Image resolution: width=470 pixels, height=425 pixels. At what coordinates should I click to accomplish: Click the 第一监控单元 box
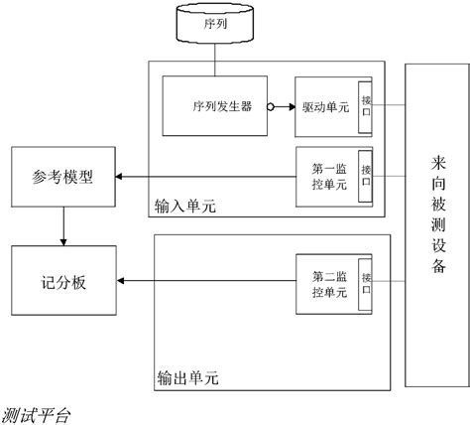pos(327,177)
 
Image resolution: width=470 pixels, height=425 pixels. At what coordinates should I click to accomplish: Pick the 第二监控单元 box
pos(327,284)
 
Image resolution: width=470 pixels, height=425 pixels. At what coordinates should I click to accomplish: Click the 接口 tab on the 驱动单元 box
pos(366,105)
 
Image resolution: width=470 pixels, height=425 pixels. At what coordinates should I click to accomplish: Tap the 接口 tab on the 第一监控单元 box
pos(366,177)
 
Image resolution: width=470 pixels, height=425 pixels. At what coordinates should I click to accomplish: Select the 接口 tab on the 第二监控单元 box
pos(366,284)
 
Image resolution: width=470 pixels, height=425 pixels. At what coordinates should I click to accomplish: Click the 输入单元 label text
pos(184,208)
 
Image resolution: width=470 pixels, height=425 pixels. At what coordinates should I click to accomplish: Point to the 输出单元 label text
pos(187,377)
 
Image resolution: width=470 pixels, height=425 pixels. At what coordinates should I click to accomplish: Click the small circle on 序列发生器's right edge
pos(271,105)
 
